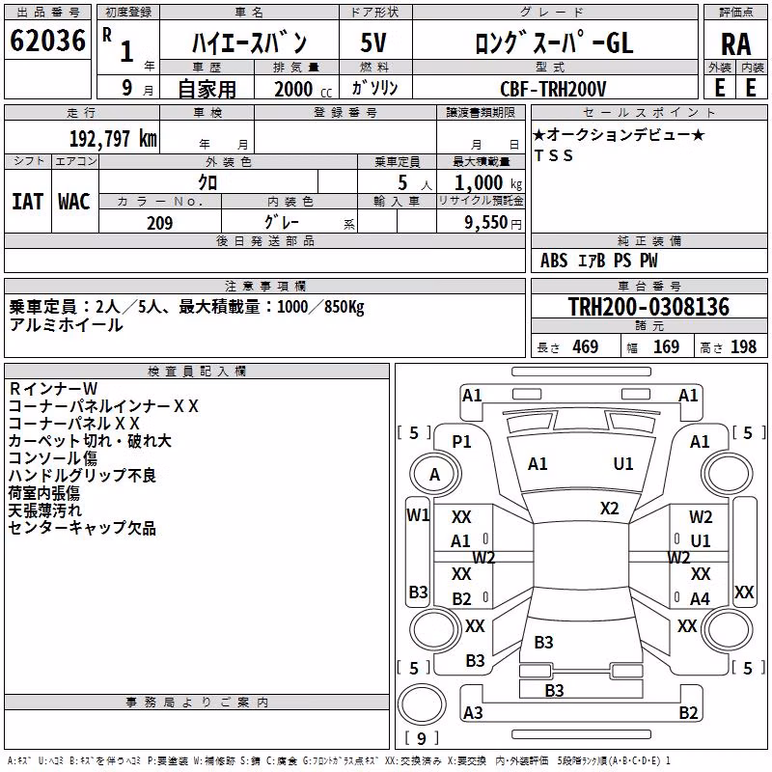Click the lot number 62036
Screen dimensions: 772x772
[x=47, y=41]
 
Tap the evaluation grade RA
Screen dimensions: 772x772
[x=735, y=44]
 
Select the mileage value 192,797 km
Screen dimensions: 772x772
[x=113, y=139]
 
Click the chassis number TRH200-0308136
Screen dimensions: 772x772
[x=648, y=306]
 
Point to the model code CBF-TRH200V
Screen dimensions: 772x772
[x=553, y=89]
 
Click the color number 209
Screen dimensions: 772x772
[x=159, y=223]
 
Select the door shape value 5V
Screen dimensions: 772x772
[x=373, y=42]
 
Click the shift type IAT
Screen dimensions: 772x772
[x=27, y=202]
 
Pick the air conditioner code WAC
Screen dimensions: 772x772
[x=74, y=202]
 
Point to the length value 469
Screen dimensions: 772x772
[x=586, y=346]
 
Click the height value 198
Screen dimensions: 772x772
[x=743, y=346]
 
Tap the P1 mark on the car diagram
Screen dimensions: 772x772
[x=461, y=442]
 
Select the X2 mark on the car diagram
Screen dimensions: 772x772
[x=609, y=509]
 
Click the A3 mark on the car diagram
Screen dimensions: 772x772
[x=473, y=712]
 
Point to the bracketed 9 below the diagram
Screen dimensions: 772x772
[x=422, y=738]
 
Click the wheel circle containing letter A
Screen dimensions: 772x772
[x=435, y=475]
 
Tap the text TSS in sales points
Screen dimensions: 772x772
[x=554, y=155]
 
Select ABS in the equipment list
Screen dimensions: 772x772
[x=554, y=261]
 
